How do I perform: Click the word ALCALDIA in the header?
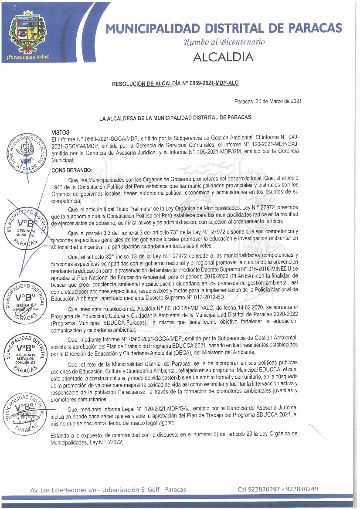[x=223, y=57]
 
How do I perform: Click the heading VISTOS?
[x=61, y=132]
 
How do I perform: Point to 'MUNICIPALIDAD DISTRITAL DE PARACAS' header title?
[x=224, y=28]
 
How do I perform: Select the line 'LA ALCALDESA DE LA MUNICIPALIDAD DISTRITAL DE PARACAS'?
[x=175, y=118]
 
